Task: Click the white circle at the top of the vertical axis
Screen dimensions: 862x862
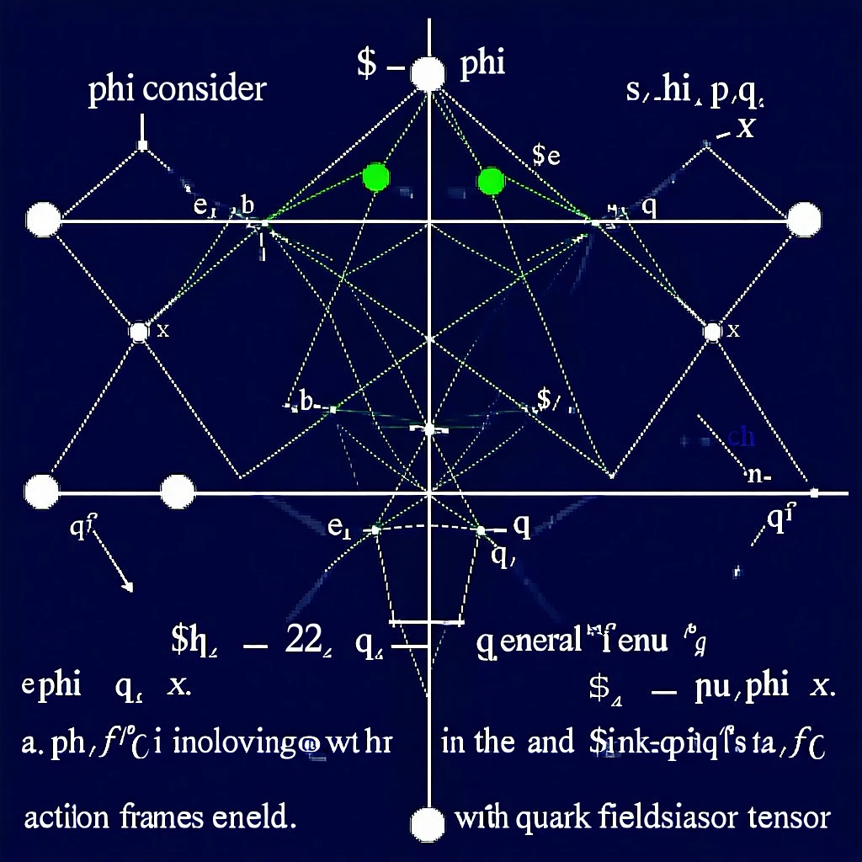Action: pos(428,74)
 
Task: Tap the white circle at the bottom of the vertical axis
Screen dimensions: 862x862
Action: pos(428,822)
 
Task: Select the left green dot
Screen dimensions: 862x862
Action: pos(375,177)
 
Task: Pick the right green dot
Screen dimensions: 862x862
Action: pos(490,180)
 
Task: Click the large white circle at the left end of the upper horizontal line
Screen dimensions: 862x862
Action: pos(44,221)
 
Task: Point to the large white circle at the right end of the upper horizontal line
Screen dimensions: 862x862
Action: pos(803,221)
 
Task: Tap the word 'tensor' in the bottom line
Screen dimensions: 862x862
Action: pos(790,817)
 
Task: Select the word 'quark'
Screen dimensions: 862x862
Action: pos(547,817)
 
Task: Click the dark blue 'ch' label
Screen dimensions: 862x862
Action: pos(741,436)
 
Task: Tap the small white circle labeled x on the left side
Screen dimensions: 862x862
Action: pos(139,332)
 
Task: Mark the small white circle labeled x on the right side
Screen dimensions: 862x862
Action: pos(712,332)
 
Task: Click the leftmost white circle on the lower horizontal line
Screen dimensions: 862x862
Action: pos(42,492)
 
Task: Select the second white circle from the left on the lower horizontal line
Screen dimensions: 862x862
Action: pos(177,492)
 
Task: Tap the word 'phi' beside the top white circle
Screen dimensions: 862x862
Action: pos(483,66)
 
